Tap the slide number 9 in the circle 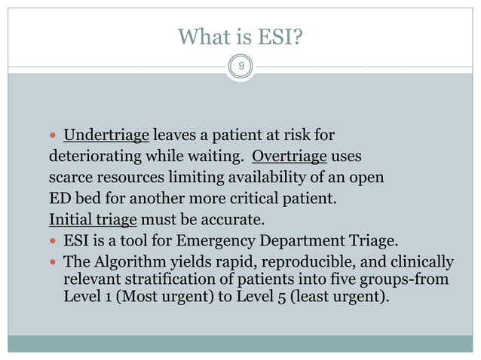[240, 67]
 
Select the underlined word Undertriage [107, 136]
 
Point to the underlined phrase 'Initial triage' [92, 220]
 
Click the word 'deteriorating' [90, 157]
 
